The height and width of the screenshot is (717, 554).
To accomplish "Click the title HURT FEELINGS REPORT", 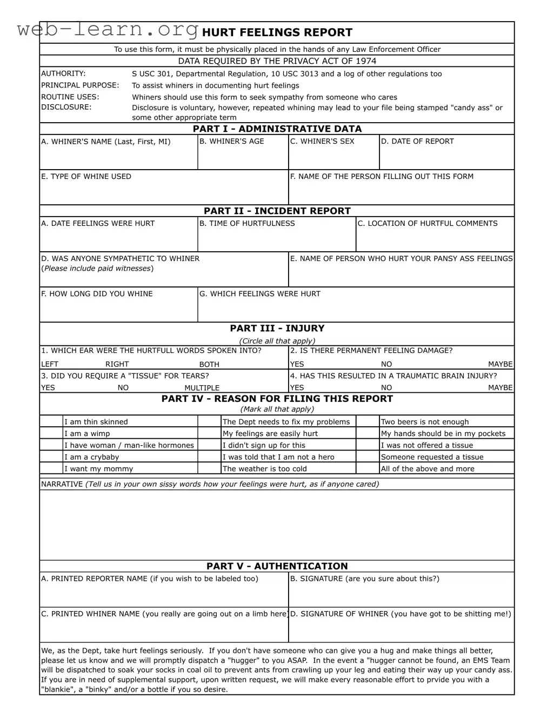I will (277, 32).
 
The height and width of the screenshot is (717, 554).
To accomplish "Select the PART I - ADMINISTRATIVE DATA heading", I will (277, 129).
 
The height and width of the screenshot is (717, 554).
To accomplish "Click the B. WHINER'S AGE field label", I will (231, 142).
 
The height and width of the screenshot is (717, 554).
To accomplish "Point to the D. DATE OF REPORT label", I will (417, 142).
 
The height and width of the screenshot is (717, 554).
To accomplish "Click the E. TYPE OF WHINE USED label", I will (86, 177).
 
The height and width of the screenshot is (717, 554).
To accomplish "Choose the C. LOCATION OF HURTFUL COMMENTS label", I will (428, 224).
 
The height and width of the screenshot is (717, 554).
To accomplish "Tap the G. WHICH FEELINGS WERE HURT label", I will (259, 294).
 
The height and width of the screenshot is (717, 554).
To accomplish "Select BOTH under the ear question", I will (209, 365).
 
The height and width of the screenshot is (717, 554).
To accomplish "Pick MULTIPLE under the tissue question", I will (202, 388).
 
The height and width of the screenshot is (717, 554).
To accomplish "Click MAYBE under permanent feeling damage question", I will (500, 365).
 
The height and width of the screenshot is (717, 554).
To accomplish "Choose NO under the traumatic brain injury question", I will (386, 388).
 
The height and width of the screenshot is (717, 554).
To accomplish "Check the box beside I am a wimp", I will (51, 433).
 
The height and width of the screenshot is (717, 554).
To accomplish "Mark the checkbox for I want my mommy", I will (51, 468).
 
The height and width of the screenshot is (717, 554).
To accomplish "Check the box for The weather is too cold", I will (209, 468).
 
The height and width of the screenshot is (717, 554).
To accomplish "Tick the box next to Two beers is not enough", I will (368, 421).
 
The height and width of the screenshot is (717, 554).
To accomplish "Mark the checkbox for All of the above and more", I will (368, 468).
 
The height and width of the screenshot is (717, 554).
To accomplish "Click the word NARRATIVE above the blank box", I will (62, 484).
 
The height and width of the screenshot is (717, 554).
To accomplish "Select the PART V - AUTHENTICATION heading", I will (277, 566).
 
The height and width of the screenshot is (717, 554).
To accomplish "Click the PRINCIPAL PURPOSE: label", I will (80, 85).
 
